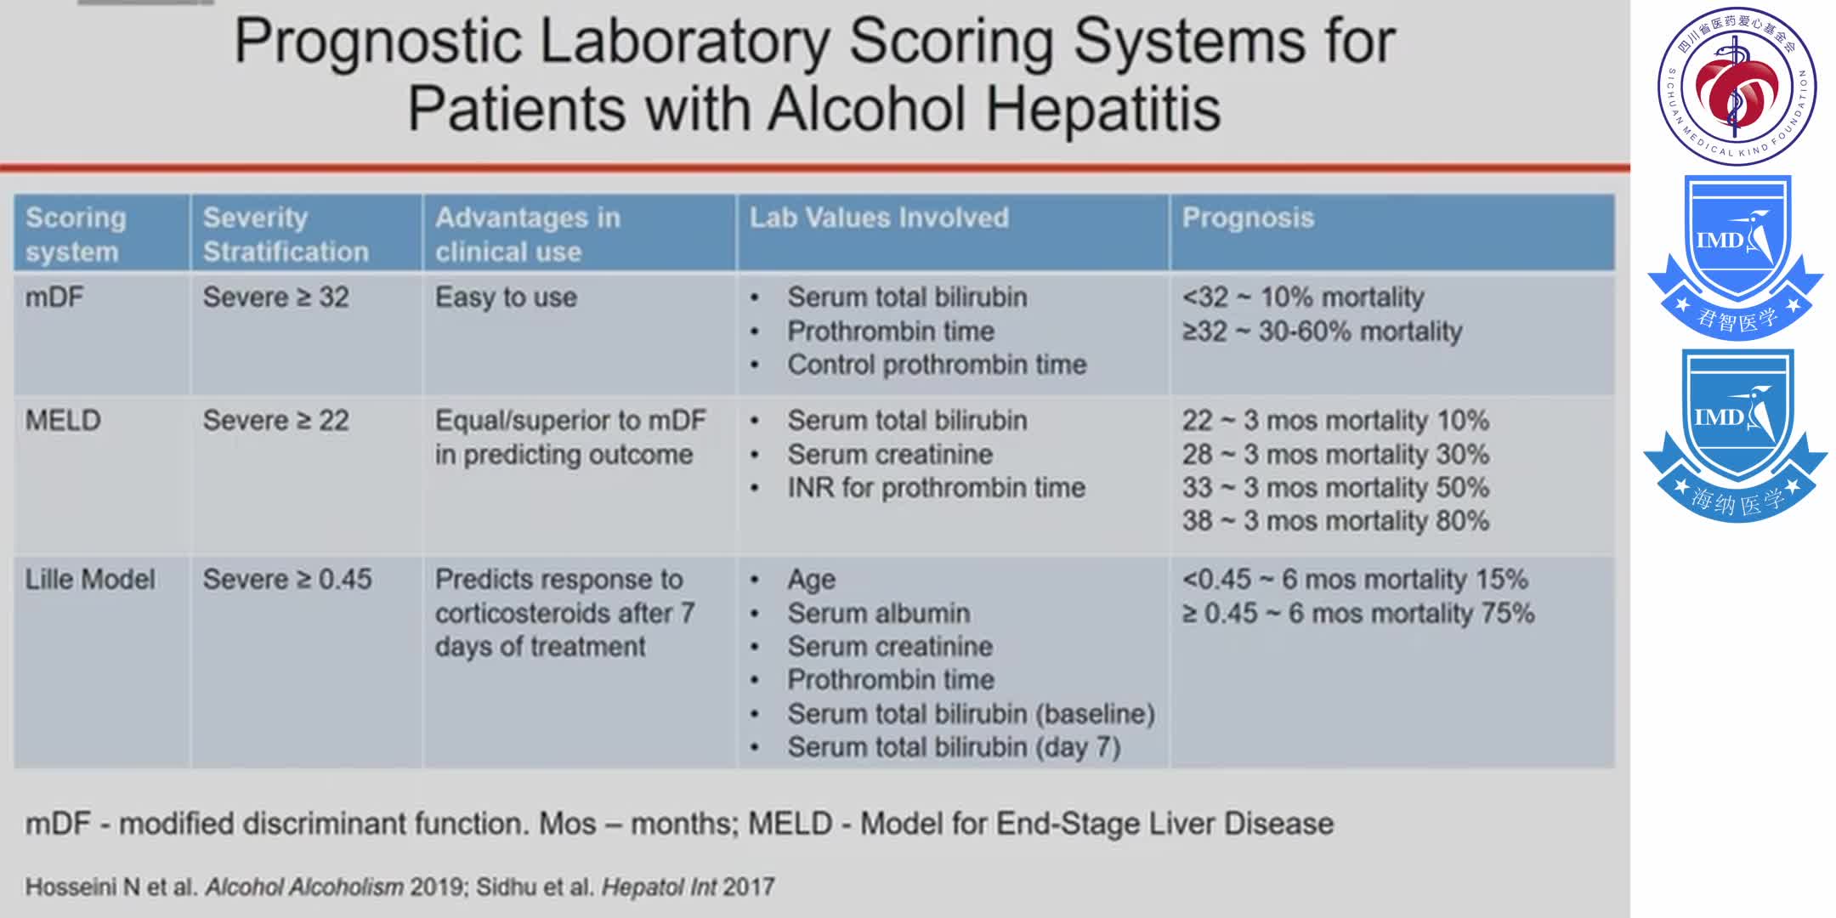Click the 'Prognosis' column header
click(1248, 218)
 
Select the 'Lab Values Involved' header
click(879, 218)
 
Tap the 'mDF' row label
click(54, 297)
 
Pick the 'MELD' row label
click(63, 421)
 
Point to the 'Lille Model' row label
click(90, 580)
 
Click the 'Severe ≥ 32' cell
click(275, 297)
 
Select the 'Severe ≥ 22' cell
click(275, 421)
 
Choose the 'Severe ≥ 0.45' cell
click(287, 580)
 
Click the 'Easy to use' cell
click(506, 297)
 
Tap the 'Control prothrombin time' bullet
click(937, 365)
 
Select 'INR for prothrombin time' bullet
click(936, 488)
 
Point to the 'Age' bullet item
click(811, 580)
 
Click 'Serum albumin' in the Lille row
click(878, 613)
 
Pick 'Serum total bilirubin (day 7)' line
click(954, 747)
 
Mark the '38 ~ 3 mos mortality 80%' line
click(1335, 520)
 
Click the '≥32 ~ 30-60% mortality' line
click(1322, 331)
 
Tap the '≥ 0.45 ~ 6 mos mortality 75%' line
click(1357, 613)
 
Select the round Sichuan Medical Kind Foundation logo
click(1737, 86)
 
